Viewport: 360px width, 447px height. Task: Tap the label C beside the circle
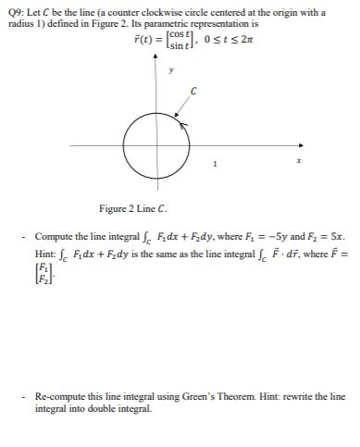click(192, 91)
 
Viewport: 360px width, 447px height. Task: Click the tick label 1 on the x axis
click(216, 164)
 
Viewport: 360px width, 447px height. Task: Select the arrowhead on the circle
click(181, 121)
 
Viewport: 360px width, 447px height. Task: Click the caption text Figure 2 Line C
click(132, 208)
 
